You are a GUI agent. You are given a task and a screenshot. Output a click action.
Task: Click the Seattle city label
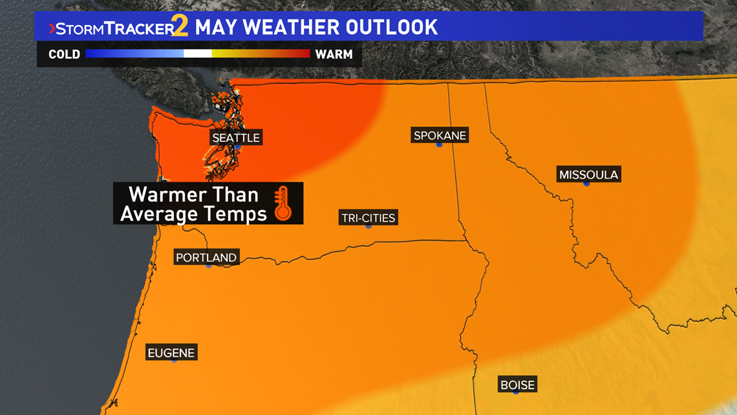click(x=236, y=138)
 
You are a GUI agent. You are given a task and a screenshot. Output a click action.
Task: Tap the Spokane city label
click(x=440, y=135)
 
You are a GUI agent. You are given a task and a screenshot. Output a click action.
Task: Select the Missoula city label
click(x=588, y=175)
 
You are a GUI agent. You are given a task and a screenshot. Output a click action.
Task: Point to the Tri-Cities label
click(x=368, y=218)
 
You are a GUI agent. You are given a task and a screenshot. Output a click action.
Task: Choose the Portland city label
click(x=206, y=258)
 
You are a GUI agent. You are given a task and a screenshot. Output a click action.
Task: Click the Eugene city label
click(x=171, y=353)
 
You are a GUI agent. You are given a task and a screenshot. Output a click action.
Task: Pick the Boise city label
click(x=517, y=385)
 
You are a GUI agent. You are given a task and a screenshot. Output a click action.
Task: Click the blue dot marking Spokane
click(x=439, y=144)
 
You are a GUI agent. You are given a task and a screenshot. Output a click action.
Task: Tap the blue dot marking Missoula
click(x=586, y=184)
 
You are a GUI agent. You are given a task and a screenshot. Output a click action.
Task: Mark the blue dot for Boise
click(x=515, y=392)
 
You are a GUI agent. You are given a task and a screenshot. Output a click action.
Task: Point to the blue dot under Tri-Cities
click(x=368, y=226)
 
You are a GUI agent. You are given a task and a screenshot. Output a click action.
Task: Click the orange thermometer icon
click(x=283, y=203)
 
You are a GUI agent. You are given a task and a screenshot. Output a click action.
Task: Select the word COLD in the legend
click(x=64, y=54)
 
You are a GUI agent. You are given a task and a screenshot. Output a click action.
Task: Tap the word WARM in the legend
click(x=334, y=54)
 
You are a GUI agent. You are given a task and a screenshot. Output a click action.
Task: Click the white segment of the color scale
click(x=198, y=54)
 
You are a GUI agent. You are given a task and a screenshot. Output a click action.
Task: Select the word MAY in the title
click(x=215, y=27)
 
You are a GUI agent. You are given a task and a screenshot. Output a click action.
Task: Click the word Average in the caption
click(x=159, y=214)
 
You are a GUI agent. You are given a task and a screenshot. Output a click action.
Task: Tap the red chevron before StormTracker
click(x=52, y=29)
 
